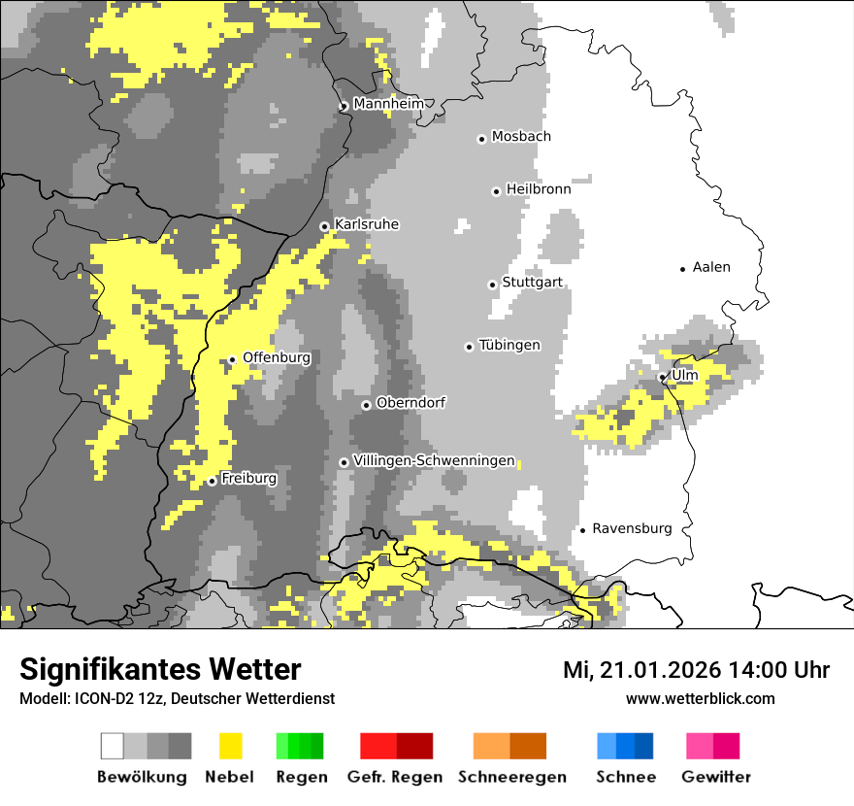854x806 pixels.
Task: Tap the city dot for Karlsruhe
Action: coord(325,226)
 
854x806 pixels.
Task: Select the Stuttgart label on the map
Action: coord(532,283)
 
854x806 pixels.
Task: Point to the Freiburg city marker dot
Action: coord(212,481)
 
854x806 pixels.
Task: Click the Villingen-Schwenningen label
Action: coord(434,460)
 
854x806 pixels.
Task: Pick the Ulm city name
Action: coord(684,375)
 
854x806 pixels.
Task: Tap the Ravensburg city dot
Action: coord(582,529)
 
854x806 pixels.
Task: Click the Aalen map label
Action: coord(711,267)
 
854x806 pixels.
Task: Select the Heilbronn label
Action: coord(538,189)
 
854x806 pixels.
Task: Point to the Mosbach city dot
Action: coord(481,139)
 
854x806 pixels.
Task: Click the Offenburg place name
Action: coord(276,357)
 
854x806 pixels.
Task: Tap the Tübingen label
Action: coord(509,345)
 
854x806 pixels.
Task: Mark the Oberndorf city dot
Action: coord(366,405)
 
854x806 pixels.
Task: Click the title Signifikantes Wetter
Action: coord(160,669)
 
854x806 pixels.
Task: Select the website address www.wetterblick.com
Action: coord(700,698)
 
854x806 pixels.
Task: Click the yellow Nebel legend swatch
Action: coord(230,746)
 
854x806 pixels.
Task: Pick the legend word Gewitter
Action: coord(715,777)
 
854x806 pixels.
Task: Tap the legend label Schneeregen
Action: coord(511,777)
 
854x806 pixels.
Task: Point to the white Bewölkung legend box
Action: coord(113,746)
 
